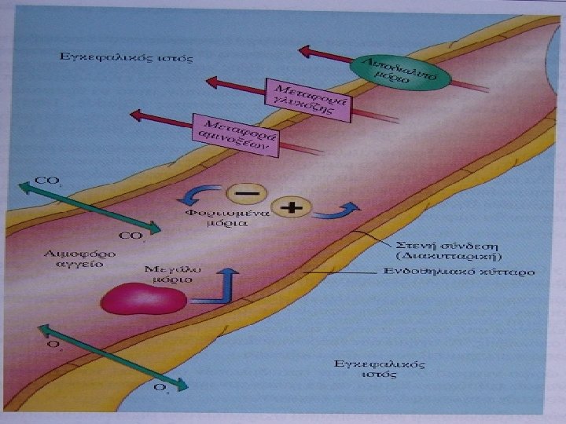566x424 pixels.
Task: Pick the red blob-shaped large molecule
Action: [144, 299]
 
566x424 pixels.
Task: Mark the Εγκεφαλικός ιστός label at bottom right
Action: [380, 369]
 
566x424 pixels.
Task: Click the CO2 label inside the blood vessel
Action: [131, 236]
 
